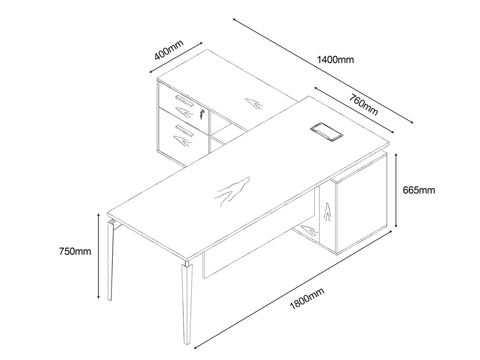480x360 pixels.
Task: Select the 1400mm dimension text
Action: click(x=335, y=60)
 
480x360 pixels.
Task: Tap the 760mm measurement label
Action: click(x=363, y=105)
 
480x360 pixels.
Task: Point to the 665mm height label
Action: click(x=419, y=190)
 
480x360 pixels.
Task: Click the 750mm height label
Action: click(x=75, y=251)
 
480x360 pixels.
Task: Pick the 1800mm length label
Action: click(x=307, y=298)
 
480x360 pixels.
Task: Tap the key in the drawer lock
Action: click(x=202, y=114)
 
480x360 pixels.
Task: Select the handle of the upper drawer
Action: click(x=185, y=100)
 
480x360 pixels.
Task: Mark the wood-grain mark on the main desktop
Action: click(x=233, y=191)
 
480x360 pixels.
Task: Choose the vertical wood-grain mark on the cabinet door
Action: click(x=327, y=212)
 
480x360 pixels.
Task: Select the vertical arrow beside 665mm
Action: click(x=396, y=190)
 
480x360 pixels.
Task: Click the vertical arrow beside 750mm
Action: click(x=98, y=256)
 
